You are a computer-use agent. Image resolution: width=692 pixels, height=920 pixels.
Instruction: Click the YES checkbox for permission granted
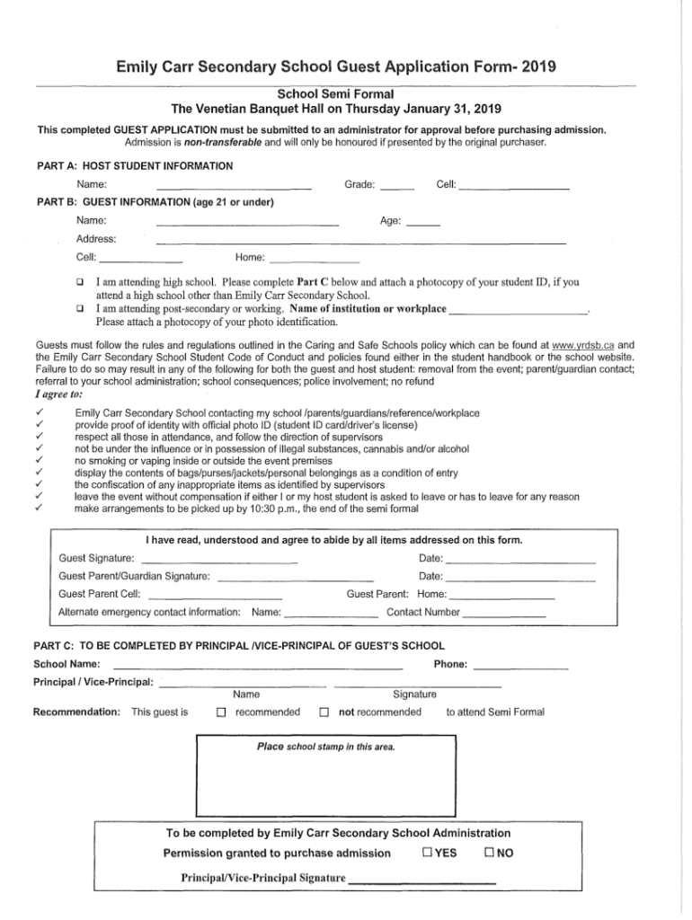[x=426, y=853]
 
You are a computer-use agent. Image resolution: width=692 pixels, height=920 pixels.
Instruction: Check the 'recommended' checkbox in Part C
[x=220, y=713]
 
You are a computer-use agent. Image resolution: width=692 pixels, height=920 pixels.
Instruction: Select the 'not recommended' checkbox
[x=324, y=713]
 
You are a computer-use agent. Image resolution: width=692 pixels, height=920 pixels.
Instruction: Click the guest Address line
[x=360, y=243]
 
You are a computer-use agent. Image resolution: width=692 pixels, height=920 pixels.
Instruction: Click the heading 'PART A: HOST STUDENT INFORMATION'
[x=134, y=166]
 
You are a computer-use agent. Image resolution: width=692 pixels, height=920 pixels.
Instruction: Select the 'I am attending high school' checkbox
[x=80, y=281]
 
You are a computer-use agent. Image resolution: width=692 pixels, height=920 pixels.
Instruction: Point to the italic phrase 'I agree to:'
[x=59, y=394]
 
